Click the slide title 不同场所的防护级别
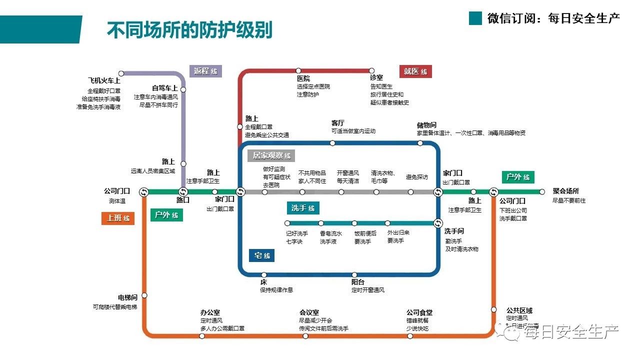coord(189,29)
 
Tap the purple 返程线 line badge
coord(205,71)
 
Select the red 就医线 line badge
coord(415,71)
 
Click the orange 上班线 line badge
coord(118,218)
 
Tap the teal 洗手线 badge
coord(303,208)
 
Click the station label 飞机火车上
coord(104,81)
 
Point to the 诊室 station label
coord(376,78)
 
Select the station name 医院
coord(303,78)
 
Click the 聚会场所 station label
coord(566,191)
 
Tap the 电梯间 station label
coord(127,297)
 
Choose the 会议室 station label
coord(309,312)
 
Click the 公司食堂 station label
coord(419,312)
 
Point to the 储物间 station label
coord(427,125)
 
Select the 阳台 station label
coord(358,282)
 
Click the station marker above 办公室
coord(202,336)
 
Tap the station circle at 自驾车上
coord(183,89)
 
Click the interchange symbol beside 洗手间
coord(438,223)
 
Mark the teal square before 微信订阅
coord(475,18)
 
